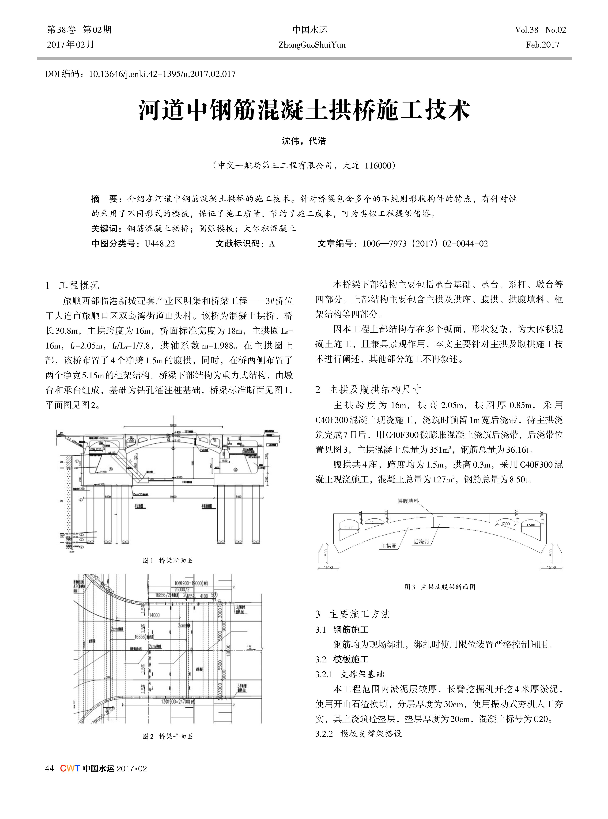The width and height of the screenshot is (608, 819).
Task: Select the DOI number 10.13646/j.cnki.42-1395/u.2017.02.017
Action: [162, 74]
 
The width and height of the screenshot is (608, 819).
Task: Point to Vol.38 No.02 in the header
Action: [540, 30]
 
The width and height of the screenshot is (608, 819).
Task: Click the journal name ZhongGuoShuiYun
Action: [312, 45]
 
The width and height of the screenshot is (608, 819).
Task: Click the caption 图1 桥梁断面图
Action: [168, 560]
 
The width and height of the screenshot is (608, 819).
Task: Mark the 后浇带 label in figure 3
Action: [421, 542]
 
